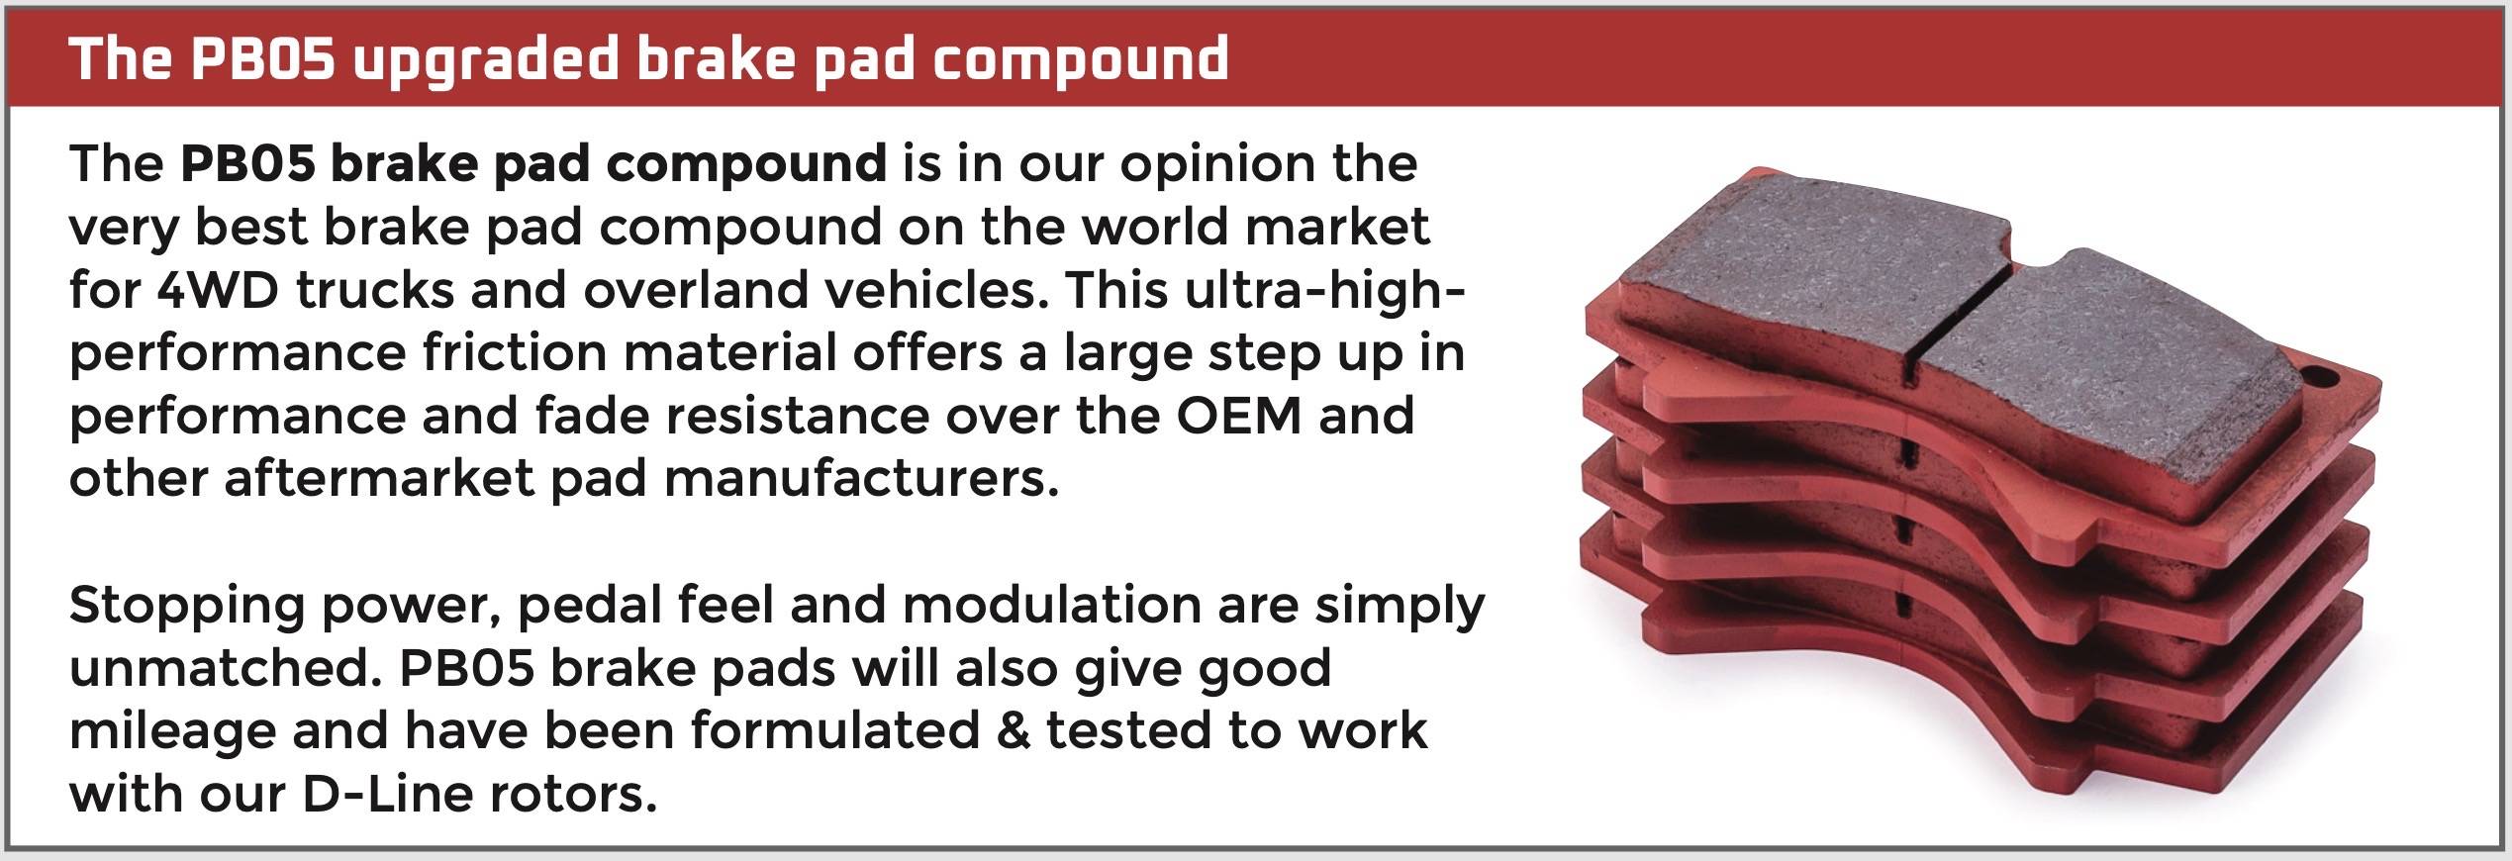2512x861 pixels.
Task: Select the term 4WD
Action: click(x=217, y=291)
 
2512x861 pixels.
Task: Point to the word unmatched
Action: click(x=226, y=668)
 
